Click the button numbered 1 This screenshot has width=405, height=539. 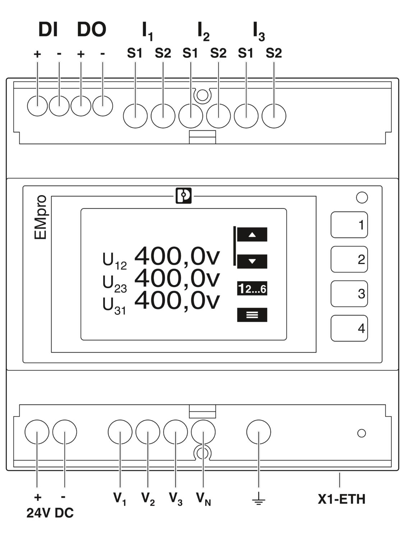pos(349,225)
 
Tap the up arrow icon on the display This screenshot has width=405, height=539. pos(252,235)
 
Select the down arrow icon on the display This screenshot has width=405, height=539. pos(252,261)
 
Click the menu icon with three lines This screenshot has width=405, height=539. pos(252,315)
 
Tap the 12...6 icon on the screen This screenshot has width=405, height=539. pos(252,288)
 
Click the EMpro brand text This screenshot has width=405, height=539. pos(40,217)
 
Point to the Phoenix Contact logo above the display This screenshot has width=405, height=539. pos(184,196)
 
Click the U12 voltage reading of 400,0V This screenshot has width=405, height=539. pos(177,257)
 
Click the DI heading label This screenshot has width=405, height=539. pos(48,29)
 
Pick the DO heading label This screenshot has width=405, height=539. pos(92,29)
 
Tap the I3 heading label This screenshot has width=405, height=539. pos(259,31)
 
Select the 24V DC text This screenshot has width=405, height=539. pos(50,513)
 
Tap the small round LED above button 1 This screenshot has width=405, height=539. pos(362,197)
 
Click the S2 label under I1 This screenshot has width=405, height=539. pos(163,53)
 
